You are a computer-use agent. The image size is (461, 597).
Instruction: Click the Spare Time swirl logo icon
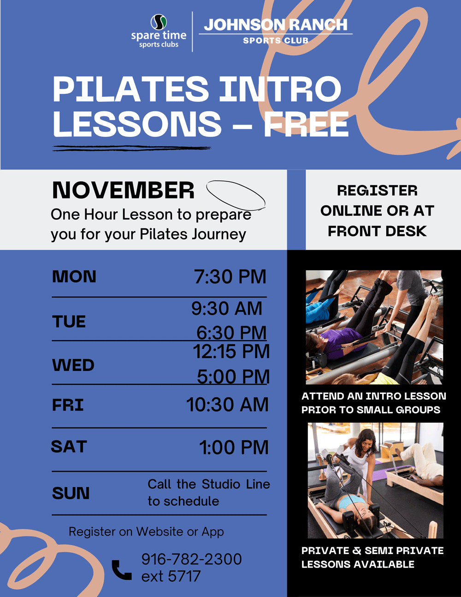click(x=159, y=22)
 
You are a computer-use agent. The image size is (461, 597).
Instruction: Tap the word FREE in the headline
click(x=306, y=124)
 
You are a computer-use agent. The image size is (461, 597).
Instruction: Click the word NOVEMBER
click(x=123, y=190)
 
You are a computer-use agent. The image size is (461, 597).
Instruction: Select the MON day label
click(x=74, y=276)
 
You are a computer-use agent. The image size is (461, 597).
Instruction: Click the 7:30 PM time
click(x=230, y=276)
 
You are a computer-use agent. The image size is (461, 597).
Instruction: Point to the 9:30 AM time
click(x=227, y=308)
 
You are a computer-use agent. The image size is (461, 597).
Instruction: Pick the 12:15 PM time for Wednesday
click(x=231, y=352)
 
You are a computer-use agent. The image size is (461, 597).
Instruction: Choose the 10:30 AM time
click(x=227, y=405)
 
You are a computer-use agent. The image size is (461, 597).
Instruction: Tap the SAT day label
click(x=69, y=447)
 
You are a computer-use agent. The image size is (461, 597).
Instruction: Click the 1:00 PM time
click(x=234, y=448)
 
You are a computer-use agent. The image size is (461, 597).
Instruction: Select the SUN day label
click(x=71, y=493)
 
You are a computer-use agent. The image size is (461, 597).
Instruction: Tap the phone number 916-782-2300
click(x=191, y=559)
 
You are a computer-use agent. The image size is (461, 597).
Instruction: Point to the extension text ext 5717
click(x=171, y=576)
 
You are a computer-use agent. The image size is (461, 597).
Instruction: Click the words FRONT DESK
click(x=377, y=231)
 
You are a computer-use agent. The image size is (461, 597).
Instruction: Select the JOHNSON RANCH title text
click(x=276, y=25)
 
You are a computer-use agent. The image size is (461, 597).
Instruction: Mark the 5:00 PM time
click(x=233, y=376)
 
